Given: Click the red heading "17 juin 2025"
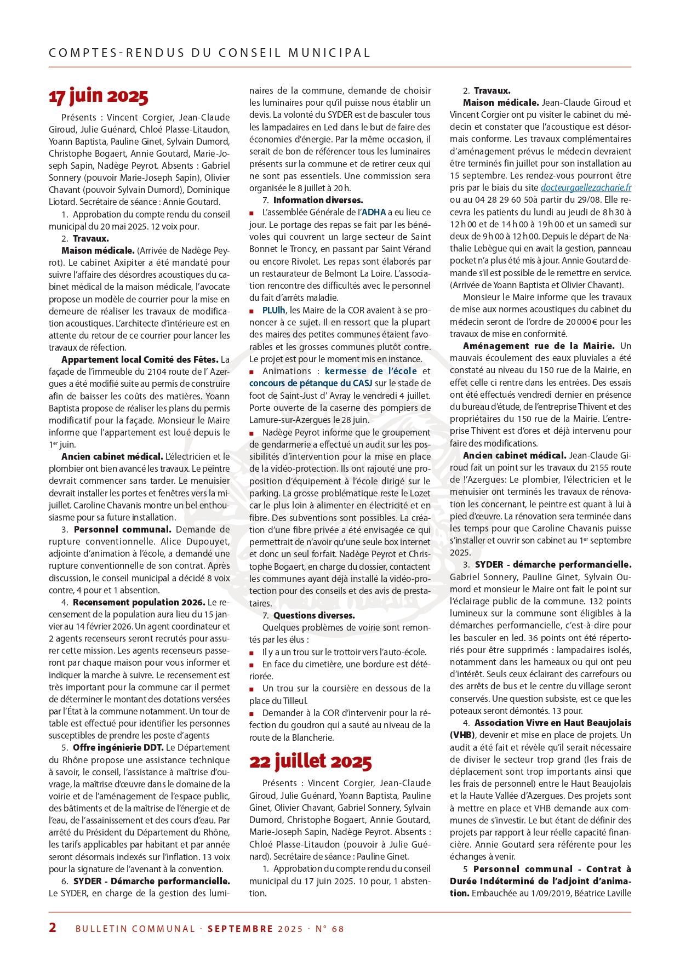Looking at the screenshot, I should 99,96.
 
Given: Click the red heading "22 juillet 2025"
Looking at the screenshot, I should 310,762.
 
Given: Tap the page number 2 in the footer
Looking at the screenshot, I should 53,927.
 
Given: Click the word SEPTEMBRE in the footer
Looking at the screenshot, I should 240,929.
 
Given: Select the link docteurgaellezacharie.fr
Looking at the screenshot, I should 586,188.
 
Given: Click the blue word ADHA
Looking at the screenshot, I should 374,212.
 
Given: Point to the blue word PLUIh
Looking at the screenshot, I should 274,310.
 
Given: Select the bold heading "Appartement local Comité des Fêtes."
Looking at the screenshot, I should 140,359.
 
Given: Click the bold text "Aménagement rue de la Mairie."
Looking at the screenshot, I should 539,346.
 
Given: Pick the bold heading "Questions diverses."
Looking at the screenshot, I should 314,615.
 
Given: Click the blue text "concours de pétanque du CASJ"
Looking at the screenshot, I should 311,383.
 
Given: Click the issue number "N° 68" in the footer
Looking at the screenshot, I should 330,929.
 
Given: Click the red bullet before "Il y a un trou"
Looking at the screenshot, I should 252,653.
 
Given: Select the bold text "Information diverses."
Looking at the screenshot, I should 318,200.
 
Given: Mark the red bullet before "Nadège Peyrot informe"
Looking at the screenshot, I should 252,433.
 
